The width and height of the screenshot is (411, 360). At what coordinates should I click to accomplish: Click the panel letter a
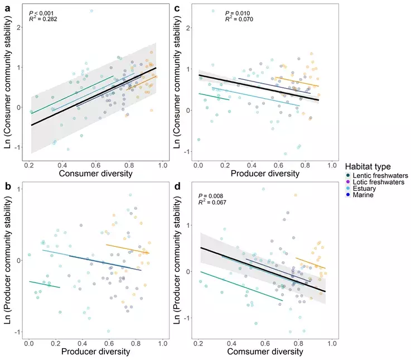tap(8, 9)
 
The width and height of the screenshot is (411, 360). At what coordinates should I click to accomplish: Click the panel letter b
tap(8, 186)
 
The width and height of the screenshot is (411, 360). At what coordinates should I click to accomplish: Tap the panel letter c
tap(177, 9)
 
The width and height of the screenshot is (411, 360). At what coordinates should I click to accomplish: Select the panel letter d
tap(177, 186)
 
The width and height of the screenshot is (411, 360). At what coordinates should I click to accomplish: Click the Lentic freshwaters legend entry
tap(377, 176)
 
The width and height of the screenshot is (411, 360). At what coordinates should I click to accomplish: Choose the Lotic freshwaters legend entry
tap(375, 182)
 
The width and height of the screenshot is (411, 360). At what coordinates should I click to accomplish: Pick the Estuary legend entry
tap(361, 189)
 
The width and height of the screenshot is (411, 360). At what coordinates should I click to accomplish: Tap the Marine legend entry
tap(360, 195)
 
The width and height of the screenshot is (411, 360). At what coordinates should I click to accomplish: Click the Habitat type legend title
tap(368, 167)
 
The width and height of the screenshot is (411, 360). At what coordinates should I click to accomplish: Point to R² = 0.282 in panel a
tap(43, 19)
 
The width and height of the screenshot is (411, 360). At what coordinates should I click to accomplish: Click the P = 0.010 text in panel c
tap(238, 13)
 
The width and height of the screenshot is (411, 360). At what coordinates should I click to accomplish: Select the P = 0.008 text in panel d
tap(211, 196)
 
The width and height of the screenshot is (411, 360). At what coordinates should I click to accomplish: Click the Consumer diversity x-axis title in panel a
tap(96, 174)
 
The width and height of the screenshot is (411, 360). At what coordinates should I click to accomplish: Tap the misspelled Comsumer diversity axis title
tap(265, 352)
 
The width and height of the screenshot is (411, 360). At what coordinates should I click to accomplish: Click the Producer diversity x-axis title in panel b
tap(96, 352)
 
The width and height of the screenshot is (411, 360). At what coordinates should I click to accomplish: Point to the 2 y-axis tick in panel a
tap(18, 27)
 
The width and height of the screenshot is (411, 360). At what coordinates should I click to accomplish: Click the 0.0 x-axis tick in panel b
tap(29, 343)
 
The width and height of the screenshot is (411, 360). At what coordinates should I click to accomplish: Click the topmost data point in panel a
tap(91, 11)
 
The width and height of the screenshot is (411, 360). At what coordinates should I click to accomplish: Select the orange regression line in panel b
tap(127, 249)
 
